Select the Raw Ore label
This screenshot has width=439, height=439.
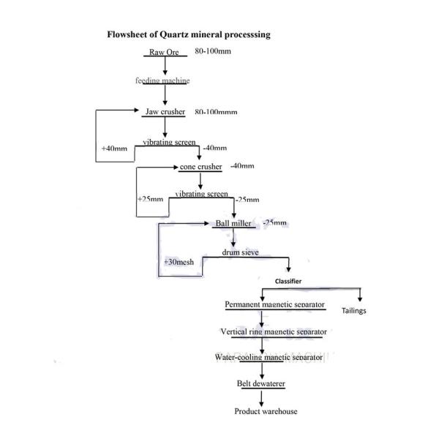pyautogui.click(x=164, y=53)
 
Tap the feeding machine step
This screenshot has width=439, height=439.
pyautogui.click(x=162, y=80)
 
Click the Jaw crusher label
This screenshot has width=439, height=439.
pyautogui.click(x=165, y=111)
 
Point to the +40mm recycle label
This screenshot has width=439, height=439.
pyautogui.click(x=114, y=149)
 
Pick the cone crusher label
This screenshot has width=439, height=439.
pyautogui.click(x=200, y=166)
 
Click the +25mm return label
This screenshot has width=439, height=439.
pyautogui.click(x=149, y=198)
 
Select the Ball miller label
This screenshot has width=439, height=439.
pyautogui.click(x=233, y=222)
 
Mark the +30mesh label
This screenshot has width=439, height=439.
pyautogui.click(x=179, y=261)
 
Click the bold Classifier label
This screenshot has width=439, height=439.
pyautogui.click(x=288, y=280)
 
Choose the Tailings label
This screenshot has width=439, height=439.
pyautogui.click(x=354, y=311)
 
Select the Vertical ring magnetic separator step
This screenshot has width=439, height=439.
pyautogui.click(x=274, y=331)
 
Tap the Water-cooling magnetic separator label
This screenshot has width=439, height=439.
pyautogui.click(x=269, y=357)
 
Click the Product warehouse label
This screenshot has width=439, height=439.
pyautogui.click(x=266, y=411)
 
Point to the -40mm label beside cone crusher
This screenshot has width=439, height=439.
pyautogui.click(x=241, y=166)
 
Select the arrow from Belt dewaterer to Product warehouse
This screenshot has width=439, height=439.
pyautogui.click(x=261, y=396)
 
